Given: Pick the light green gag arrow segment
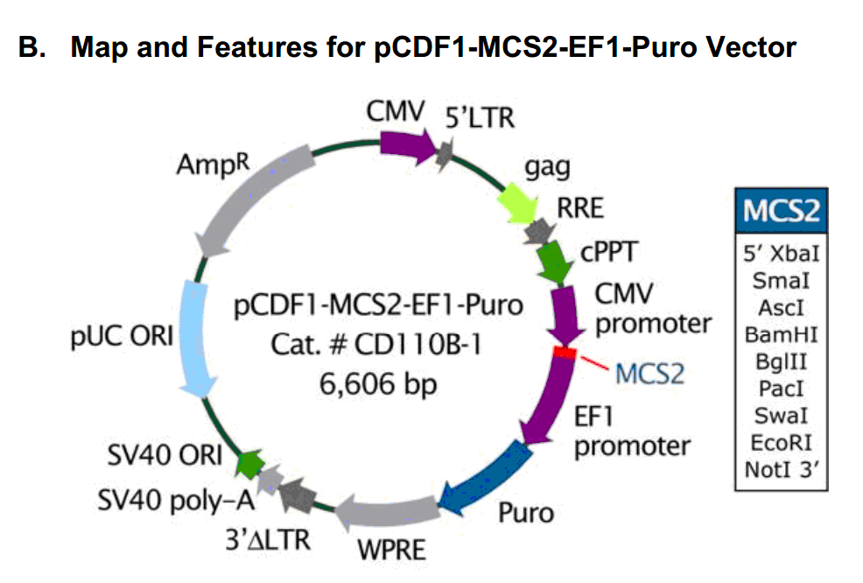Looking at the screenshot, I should tap(516, 206).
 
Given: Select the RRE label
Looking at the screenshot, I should tap(580, 209).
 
